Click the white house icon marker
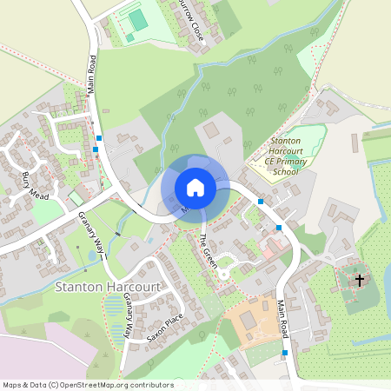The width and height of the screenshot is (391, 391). tap(195, 188)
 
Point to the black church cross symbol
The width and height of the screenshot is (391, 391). tap(360, 280)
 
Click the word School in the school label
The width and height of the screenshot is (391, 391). tap(284, 172)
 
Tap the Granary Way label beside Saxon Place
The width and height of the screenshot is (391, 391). tap(129, 315)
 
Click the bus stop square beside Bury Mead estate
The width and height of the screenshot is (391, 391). tap(98, 138)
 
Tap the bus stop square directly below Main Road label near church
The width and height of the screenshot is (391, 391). tap(285, 353)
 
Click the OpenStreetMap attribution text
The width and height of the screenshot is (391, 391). tap(88, 384)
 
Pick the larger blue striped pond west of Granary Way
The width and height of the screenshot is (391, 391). tap(113, 306)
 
